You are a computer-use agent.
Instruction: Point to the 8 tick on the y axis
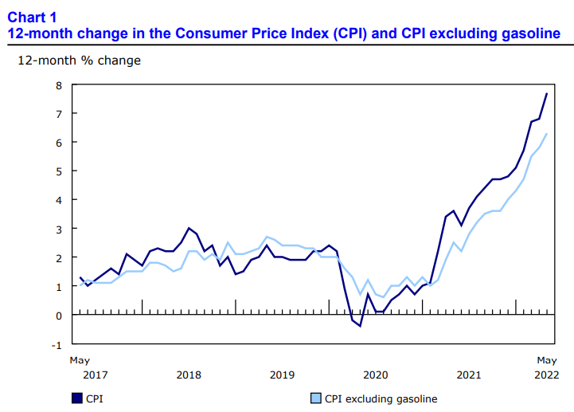(58, 85)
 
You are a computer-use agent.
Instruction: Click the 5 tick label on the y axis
(58, 171)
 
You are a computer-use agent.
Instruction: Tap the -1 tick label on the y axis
(57, 344)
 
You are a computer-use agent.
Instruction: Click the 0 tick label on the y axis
(58, 316)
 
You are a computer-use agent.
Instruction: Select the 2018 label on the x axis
(189, 375)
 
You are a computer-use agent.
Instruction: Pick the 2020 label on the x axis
(375, 375)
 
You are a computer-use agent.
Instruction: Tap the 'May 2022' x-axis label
(545, 367)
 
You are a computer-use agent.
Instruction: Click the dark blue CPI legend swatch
(77, 398)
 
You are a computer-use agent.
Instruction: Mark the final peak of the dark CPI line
(546, 94)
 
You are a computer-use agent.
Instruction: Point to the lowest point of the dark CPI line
(360, 326)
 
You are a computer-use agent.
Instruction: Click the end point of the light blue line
(546, 134)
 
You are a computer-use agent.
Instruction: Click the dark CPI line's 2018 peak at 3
(188, 228)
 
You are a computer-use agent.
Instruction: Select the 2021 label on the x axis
(469, 375)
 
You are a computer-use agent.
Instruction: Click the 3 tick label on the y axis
(58, 229)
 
